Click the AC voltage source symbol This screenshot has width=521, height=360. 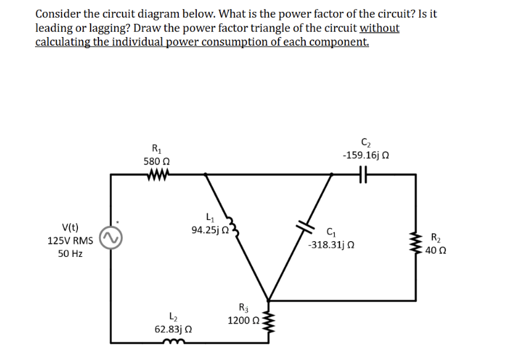click(x=110, y=240)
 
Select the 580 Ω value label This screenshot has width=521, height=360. click(x=157, y=161)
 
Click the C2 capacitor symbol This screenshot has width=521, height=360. click(x=361, y=175)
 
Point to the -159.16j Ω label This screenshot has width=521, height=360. click(x=365, y=155)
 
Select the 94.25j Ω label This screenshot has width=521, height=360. click(x=209, y=231)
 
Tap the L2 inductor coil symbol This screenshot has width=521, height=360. click(x=173, y=342)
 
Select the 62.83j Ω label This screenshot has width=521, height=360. click(x=173, y=328)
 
